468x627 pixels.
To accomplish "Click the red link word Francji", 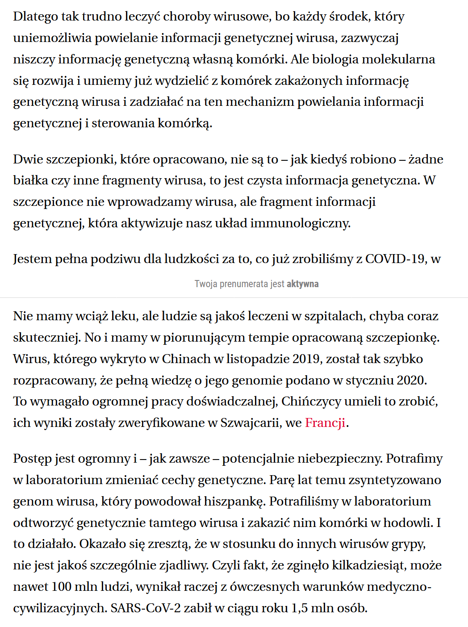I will [x=325, y=422].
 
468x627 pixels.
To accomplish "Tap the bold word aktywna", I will [x=302, y=284].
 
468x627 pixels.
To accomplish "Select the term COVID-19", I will [x=395, y=259].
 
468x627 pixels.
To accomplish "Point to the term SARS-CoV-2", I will [x=146, y=608].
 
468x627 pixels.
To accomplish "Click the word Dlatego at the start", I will [x=35, y=17].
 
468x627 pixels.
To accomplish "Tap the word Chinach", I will [x=186, y=359].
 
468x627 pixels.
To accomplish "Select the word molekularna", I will [x=397, y=59].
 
